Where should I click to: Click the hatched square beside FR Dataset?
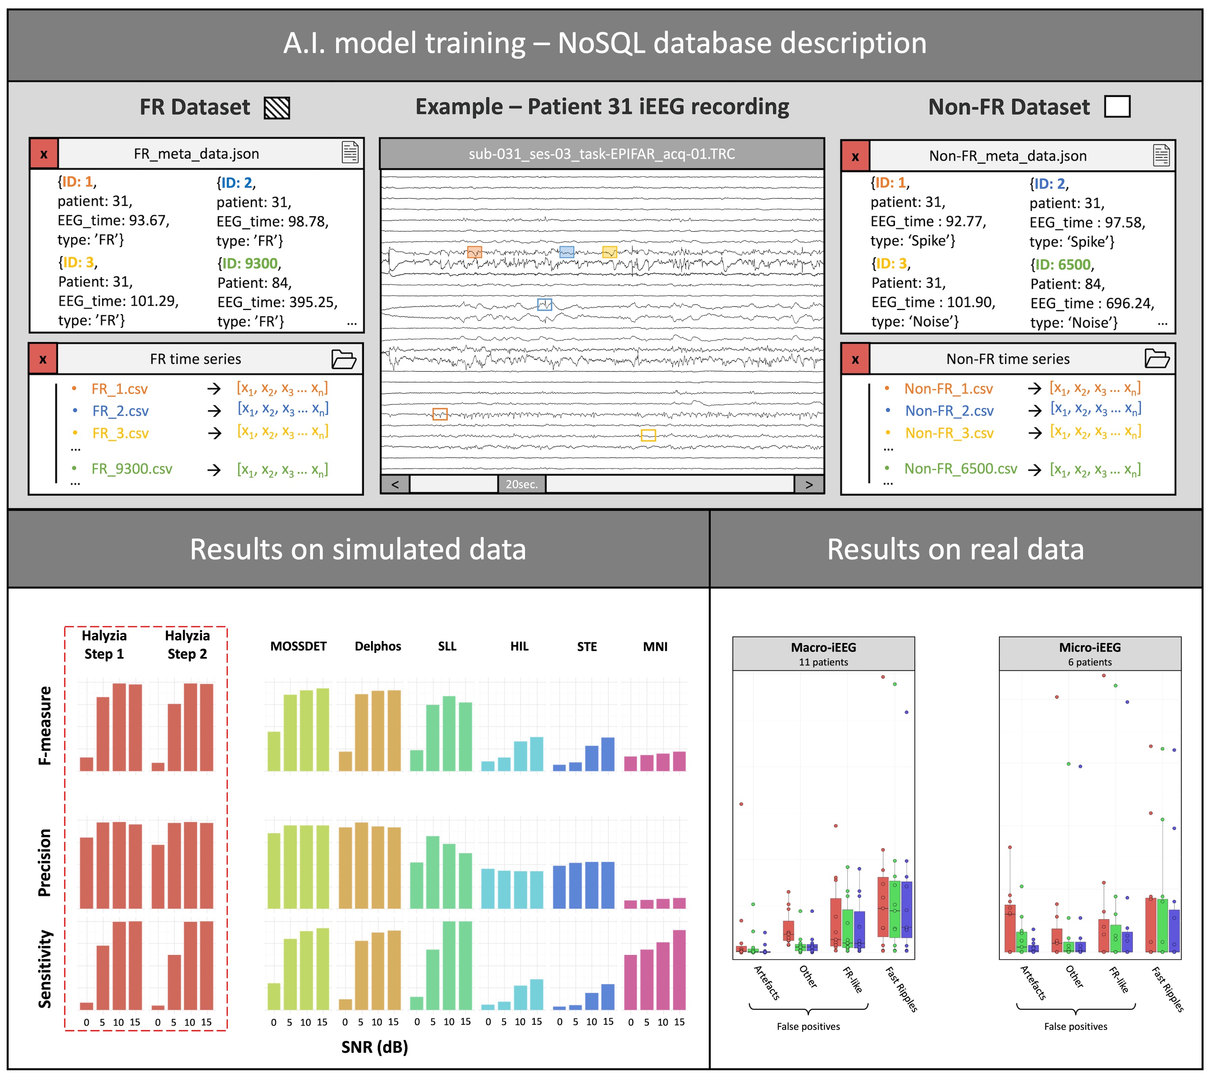pyautogui.click(x=276, y=108)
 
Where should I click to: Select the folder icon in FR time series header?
pyautogui.click(x=344, y=359)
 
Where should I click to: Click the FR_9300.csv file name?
pyautogui.click(x=132, y=469)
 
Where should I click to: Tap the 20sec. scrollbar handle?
pyautogui.click(x=521, y=484)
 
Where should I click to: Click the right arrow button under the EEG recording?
pyautogui.click(x=809, y=484)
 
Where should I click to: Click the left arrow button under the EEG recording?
pyautogui.click(x=395, y=484)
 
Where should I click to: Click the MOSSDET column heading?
pyautogui.click(x=298, y=646)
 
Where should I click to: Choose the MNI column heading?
pyautogui.click(x=655, y=646)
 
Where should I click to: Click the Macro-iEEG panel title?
pyautogui.click(x=823, y=647)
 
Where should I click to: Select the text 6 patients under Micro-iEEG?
pyautogui.click(x=1089, y=662)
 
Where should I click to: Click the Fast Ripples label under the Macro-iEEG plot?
pyautogui.click(x=902, y=989)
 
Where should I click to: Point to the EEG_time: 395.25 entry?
pyautogui.click(x=278, y=302)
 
